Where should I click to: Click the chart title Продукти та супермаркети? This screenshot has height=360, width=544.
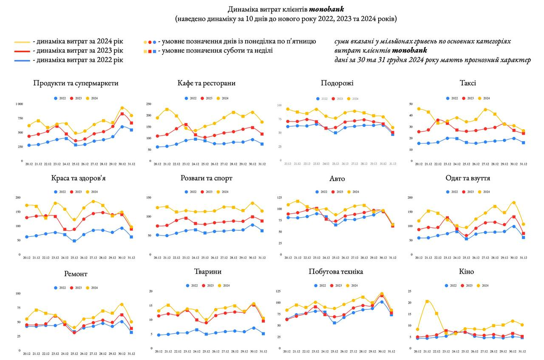(76, 83)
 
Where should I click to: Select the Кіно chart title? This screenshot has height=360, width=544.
(467, 272)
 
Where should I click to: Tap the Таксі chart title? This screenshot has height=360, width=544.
(467, 83)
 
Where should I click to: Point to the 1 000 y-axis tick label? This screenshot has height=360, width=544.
(19, 104)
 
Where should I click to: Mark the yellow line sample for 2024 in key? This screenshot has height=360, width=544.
(22, 42)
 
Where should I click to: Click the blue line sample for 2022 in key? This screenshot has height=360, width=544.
(22, 60)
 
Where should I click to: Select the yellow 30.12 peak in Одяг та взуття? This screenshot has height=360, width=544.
(514, 203)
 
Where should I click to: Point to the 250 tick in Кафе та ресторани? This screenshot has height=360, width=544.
(150, 104)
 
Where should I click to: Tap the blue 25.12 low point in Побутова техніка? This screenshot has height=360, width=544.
(334, 323)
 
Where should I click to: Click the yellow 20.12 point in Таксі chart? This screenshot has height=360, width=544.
(419, 109)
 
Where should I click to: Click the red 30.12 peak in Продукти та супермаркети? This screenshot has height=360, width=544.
(122, 114)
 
